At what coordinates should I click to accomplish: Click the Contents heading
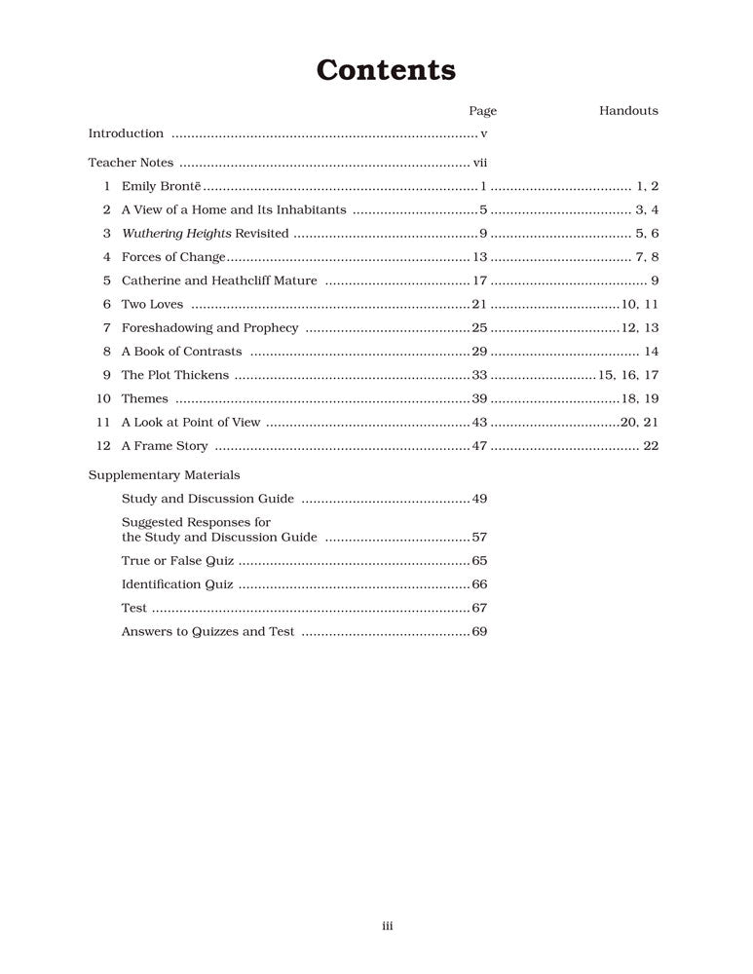(x=386, y=70)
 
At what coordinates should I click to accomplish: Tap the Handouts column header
(x=628, y=111)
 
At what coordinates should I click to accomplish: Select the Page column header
(x=482, y=111)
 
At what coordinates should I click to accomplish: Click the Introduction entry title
(x=126, y=133)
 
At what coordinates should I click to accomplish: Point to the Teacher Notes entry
(x=131, y=163)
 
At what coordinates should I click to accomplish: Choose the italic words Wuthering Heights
(x=175, y=234)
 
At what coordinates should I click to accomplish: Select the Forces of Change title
(x=173, y=257)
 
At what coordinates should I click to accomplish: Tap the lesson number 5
(x=106, y=281)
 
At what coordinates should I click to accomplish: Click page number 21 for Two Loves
(x=478, y=305)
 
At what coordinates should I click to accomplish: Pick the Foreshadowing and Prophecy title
(x=209, y=328)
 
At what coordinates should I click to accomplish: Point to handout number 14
(x=652, y=352)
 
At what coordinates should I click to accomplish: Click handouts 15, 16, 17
(x=628, y=375)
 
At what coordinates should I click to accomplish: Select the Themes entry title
(x=144, y=398)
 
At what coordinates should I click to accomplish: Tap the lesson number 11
(x=103, y=423)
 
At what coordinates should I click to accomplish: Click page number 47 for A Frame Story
(x=478, y=446)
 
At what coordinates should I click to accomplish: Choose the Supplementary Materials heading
(x=164, y=475)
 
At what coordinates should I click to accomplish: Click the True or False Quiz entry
(x=177, y=561)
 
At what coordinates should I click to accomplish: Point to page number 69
(x=479, y=632)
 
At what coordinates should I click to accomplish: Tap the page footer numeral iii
(x=387, y=926)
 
